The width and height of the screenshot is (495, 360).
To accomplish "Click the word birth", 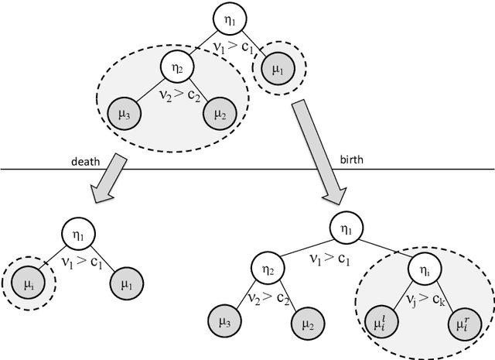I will pyautogui.click(x=351, y=162).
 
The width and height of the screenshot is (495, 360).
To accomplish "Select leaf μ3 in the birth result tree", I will pyautogui.click(x=222, y=319).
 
